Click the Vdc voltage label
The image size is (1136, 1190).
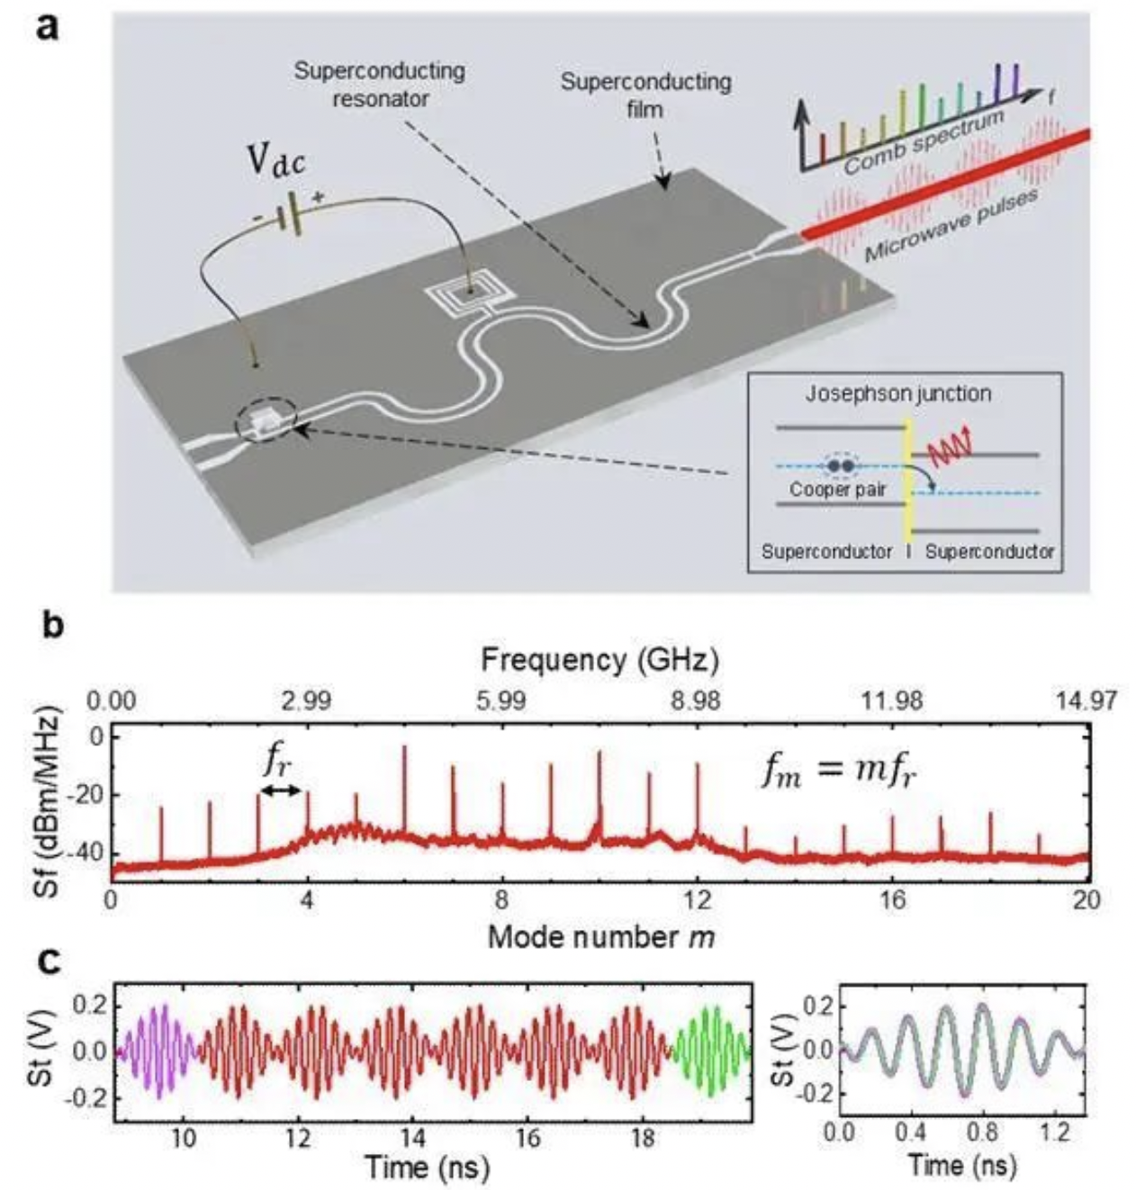(276, 162)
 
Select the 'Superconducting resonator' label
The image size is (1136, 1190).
(380, 85)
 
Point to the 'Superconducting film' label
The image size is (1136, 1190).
(645, 95)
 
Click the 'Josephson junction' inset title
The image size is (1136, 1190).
(897, 393)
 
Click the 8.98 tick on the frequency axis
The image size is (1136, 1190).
(696, 700)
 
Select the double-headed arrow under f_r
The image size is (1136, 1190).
(281, 790)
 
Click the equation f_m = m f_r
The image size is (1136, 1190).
(839, 771)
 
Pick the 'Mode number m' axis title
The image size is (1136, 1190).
(600, 937)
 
